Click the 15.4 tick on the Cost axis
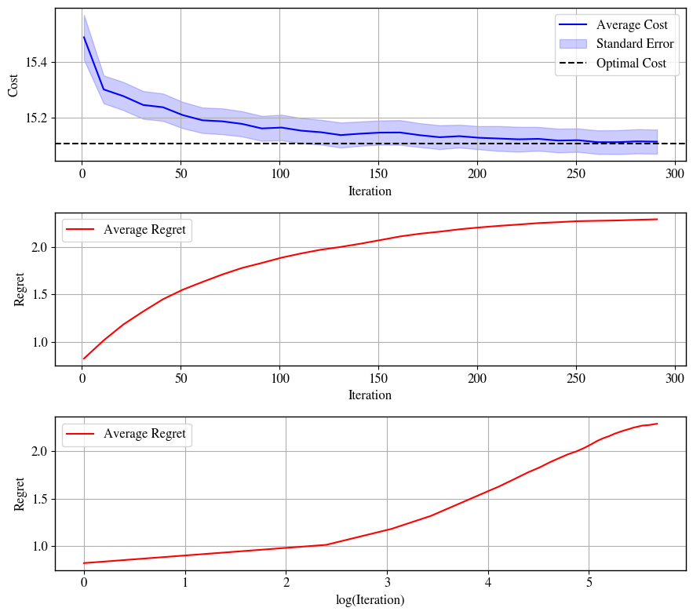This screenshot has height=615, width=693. [x=36, y=62]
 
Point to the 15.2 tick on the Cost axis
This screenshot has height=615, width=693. [x=36, y=118]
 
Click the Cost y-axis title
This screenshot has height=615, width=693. [x=13, y=86]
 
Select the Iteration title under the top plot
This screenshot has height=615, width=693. [x=370, y=191]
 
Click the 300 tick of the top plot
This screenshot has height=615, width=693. [x=675, y=173]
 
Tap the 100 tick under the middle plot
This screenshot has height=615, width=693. [x=279, y=378]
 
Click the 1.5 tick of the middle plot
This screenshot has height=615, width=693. [x=40, y=295]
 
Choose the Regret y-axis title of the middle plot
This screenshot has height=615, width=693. [x=19, y=289]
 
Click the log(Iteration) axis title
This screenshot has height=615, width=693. [x=370, y=599]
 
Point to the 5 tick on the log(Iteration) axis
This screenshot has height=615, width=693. [x=589, y=582]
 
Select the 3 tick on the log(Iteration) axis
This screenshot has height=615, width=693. [x=388, y=582]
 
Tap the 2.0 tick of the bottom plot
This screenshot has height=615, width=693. [x=40, y=452]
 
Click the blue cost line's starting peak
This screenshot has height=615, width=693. [x=84, y=37]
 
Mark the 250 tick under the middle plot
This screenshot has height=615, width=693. [x=576, y=378]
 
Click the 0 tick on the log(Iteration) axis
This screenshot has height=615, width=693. [x=84, y=582]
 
